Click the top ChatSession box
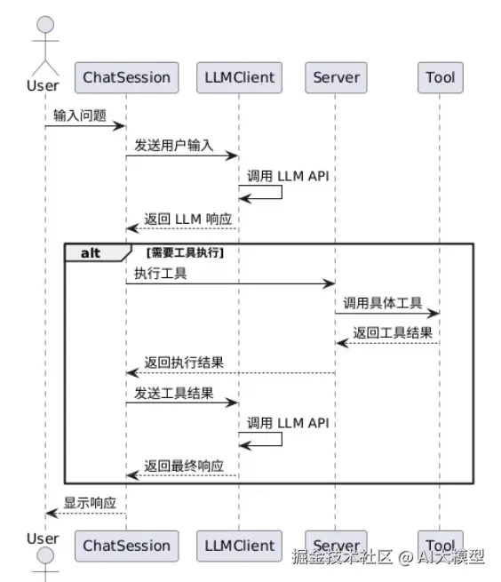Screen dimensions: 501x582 point(126,77)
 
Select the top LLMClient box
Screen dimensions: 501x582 point(239,77)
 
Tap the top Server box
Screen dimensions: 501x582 point(337,77)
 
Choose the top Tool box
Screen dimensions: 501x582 point(441,77)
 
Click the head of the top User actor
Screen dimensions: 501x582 point(45,25)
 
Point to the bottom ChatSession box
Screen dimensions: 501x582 point(126,546)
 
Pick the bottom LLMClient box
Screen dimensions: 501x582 point(239,546)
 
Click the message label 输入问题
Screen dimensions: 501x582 point(80,116)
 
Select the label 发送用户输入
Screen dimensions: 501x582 point(174,145)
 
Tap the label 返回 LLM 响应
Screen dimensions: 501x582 point(187,219)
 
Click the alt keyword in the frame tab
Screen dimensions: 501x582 point(91,253)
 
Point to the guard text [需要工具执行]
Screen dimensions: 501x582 point(185,252)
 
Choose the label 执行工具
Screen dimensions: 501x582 point(160,273)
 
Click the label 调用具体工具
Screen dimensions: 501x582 point(383,303)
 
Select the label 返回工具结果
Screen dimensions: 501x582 point(393,332)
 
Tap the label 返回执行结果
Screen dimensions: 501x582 point(184,363)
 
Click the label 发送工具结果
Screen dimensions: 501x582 point(174,393)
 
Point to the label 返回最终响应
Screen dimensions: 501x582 point(184,466)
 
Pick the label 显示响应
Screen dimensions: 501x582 point(90,503)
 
